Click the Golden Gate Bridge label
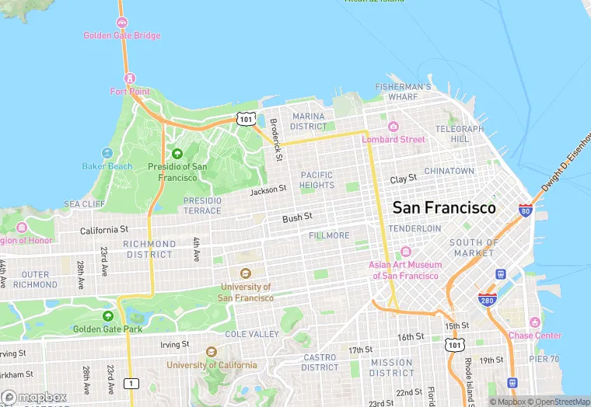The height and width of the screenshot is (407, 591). click(x=122, y=36)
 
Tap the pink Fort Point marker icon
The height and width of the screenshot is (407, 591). click(x=130, y=78)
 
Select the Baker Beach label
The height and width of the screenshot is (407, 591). click(x=107, y=166)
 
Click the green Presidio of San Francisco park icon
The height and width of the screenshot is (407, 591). click(x=177, y=153)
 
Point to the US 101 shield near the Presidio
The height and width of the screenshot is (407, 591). click(x=246, y=119)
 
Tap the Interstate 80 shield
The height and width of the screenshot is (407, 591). click(x=526, y=210)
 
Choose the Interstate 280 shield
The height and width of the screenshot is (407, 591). click(x=487, y=300)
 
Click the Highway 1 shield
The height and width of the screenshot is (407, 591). click(x=131, y=383)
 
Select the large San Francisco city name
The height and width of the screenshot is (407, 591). click(x=443, y=208)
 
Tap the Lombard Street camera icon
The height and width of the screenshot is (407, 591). click(x=393, y=127)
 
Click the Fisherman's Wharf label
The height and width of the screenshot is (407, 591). click(x=403, y=92)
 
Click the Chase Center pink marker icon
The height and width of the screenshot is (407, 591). click(x=534, y=322)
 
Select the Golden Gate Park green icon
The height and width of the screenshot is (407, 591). click(x=107, y=316)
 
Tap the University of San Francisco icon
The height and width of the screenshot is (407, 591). click(x=245, y=273)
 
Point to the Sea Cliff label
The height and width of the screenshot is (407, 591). click(x=84, y=203)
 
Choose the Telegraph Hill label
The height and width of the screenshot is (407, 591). click(x=453, y=134)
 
